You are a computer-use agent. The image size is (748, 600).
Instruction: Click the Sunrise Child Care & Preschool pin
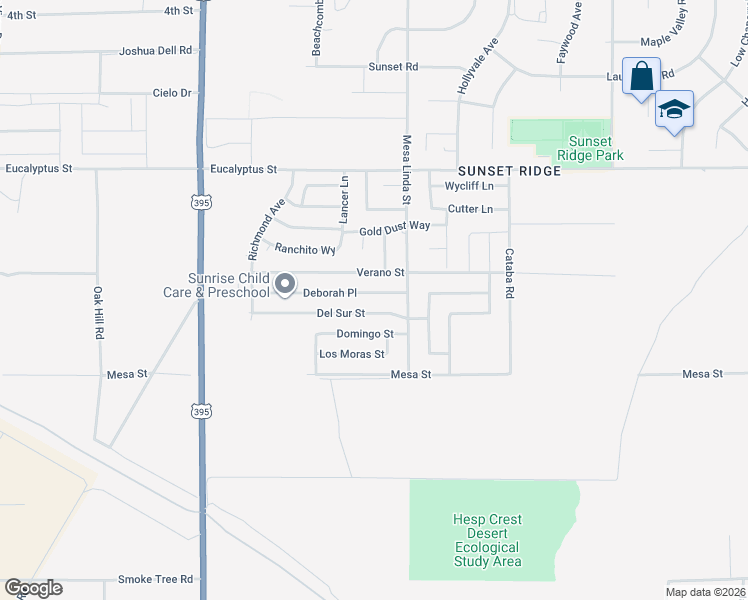coord(285,285)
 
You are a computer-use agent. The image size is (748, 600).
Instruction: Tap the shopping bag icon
coord(641,76)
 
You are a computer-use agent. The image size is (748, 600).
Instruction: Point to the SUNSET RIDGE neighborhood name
coord(509,171)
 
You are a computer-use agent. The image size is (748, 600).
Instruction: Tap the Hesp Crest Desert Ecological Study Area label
coord(487,540)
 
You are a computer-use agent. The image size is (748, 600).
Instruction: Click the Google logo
coord(33,588)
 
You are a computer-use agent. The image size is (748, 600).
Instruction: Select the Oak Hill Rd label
coord(99,314)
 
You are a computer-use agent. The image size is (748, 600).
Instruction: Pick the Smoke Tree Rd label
coord(155,579)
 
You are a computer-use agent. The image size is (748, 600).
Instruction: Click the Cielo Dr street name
coord(171,93)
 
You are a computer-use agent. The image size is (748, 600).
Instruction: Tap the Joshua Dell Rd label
coord(154,50)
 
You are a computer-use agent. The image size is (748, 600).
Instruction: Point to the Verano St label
coord(380,272)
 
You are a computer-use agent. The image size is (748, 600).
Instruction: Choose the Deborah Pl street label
coord(330,293)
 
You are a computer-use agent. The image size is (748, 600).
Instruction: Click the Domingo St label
coord(364,334)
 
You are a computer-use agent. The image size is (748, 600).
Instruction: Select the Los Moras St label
coord(351,354)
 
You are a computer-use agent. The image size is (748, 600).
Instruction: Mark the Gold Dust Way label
coord(395,226)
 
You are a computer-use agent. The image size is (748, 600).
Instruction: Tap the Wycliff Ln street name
coord(469,186)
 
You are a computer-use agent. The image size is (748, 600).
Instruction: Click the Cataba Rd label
coord(509,274)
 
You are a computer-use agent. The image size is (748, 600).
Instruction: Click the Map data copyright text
coord(705,592)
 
